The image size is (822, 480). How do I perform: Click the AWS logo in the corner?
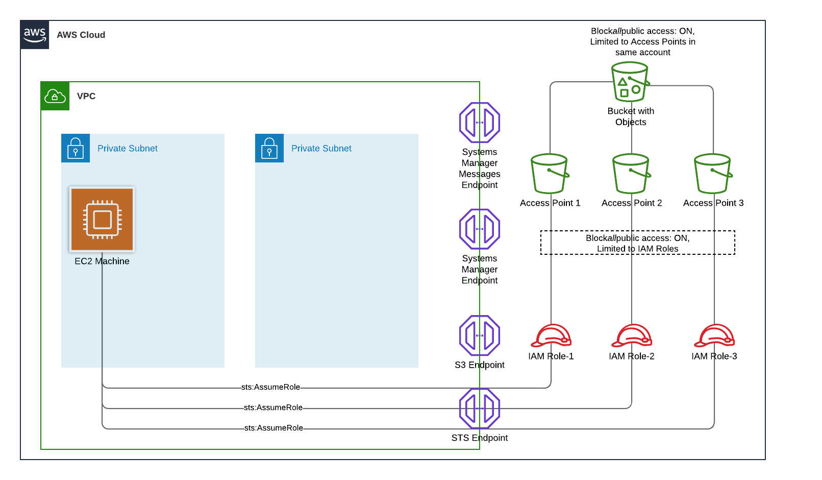pos(35,35)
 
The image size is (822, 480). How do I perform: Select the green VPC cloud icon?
pos(55,96)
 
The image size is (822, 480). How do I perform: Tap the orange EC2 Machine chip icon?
pos(102,219)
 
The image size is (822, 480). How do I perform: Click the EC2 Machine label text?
pos(102,261)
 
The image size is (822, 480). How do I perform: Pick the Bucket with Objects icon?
pos(630,82)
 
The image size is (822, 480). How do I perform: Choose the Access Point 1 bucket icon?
pos(550,174)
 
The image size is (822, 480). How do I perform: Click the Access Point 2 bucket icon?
pos(631,174)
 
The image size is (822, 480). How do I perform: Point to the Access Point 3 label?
pos(713,203)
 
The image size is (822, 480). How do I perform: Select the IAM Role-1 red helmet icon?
pos(551,336)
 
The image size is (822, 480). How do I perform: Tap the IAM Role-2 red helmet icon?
pos(632,336)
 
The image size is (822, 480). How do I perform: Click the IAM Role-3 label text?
pos(714,356)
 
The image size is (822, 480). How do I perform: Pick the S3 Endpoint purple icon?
pos(480,335)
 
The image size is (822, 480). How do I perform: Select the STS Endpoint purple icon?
pos(480,409)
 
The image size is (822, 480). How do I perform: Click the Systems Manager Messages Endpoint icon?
pos(480,123)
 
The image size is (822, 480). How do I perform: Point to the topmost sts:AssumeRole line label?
pos(271,387)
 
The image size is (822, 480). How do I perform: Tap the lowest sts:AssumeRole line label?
pos(273,428)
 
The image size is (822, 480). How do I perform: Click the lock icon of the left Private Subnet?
pos(76,148)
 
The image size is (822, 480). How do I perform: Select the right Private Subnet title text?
pos(321,149)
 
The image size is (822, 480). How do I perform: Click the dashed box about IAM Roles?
pos(638,243)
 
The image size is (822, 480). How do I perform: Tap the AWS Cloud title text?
pos(81,35)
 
